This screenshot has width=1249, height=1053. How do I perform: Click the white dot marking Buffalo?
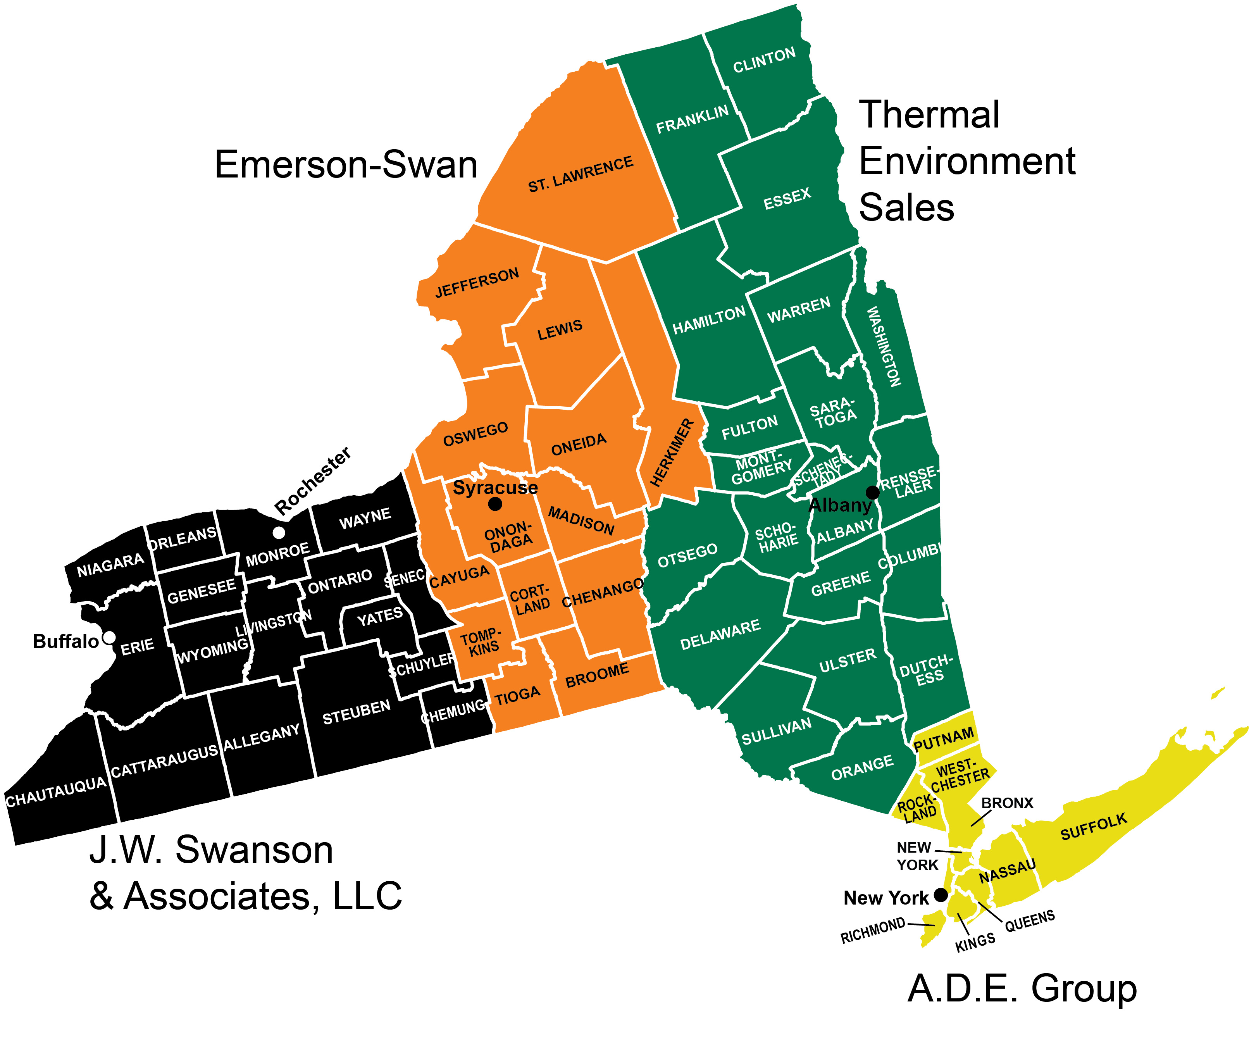coord(109,638)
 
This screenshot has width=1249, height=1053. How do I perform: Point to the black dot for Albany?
coord(872,493)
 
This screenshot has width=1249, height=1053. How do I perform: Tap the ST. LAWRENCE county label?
coord(580,174)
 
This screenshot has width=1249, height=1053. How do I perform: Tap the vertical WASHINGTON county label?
coord(883,346)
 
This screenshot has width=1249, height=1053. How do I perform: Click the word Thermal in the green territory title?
coord(929,115)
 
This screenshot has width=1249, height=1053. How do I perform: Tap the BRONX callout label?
coord(1007,803)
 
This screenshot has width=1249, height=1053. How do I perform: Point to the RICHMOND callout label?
coord(872,932)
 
